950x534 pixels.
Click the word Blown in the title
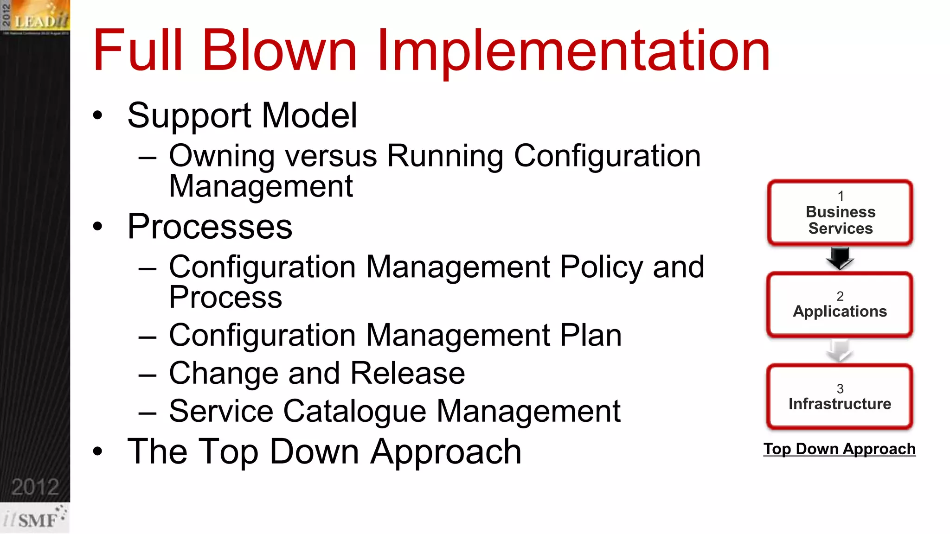pyautogui.click(x=279, y=50)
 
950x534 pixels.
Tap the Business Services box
pyautogui.click(x=840, y=213)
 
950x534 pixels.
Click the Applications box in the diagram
pyautogui.click(x=840, y=305)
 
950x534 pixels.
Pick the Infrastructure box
pyautogui.click(x=840, y=397)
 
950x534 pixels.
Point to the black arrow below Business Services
pyautogui.click(x=840, y=258)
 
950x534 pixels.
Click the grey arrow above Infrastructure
pyautogui.click(x=840, y=350)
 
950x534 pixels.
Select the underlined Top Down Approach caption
pyautogui.click(x=840, y=449)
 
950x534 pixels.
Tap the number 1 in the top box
pyautogui.click(x=841, y=196)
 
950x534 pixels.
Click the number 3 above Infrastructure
pyautogui.click(x=840, y=388)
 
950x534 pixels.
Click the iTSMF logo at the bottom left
pyautogui.click(x=35, y=518)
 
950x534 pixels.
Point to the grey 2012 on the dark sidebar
pyautogui.click(x=35, y=487)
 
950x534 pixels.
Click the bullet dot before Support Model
pyautogui.click(x=97, y=115)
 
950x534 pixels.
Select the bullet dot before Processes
pyautogui.click(x=97, y=227)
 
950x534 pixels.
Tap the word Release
pyautogui.click(x=408, y=373)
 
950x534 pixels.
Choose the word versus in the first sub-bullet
pyautogui.click(x=331, y=156)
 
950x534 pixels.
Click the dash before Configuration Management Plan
pyautogui.click(x=148, y=336)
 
